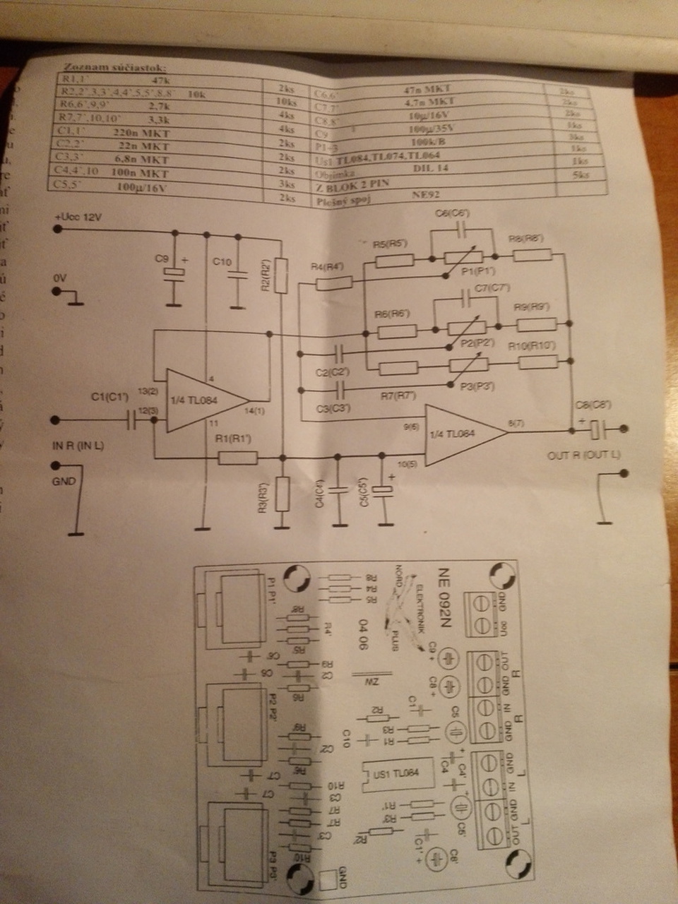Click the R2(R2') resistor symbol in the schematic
pos(281,275)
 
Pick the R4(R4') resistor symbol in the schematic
pos(333,283)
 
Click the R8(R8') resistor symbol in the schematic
pos(533,255)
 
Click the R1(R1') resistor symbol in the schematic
pos(237,458)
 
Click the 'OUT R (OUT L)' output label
pos(583,456)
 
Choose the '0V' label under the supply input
pos(60,279)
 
